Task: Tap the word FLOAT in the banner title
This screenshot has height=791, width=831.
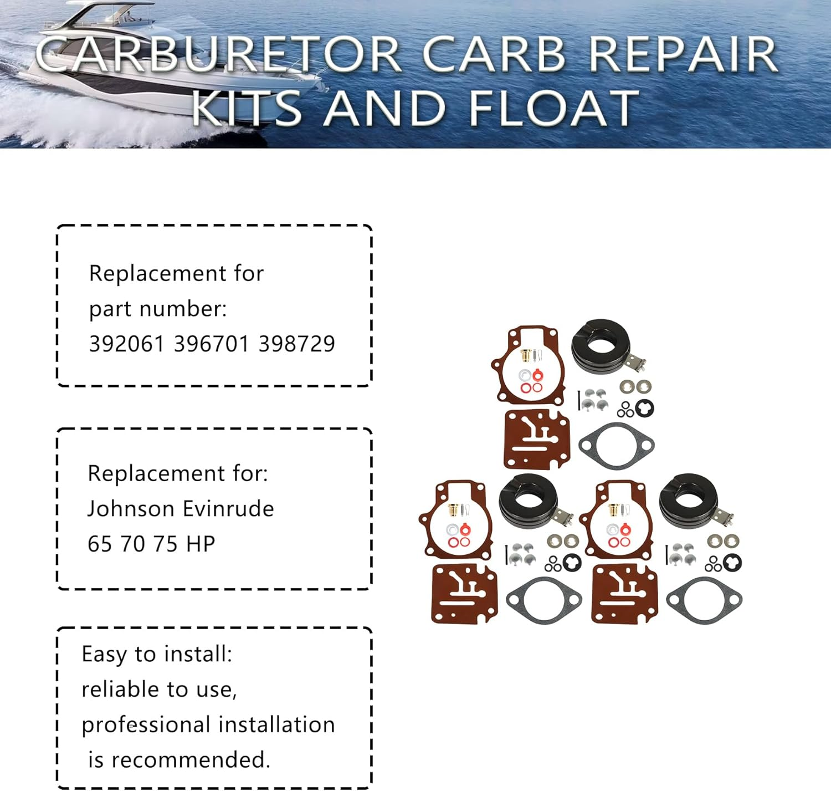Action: [x=553, y=108]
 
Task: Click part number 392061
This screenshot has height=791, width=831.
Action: [x=127, y=344]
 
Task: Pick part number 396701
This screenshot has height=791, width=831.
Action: [x=212, y=344]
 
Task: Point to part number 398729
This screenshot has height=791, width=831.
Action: [x=297, y=344]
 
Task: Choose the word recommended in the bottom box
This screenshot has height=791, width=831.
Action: [x=191, y=760]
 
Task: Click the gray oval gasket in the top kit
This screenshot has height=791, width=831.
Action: [x=616, y=445]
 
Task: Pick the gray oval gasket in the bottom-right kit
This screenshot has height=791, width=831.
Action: [x=704, y=600]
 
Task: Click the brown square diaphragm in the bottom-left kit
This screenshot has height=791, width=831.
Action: [x=464, y=593]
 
